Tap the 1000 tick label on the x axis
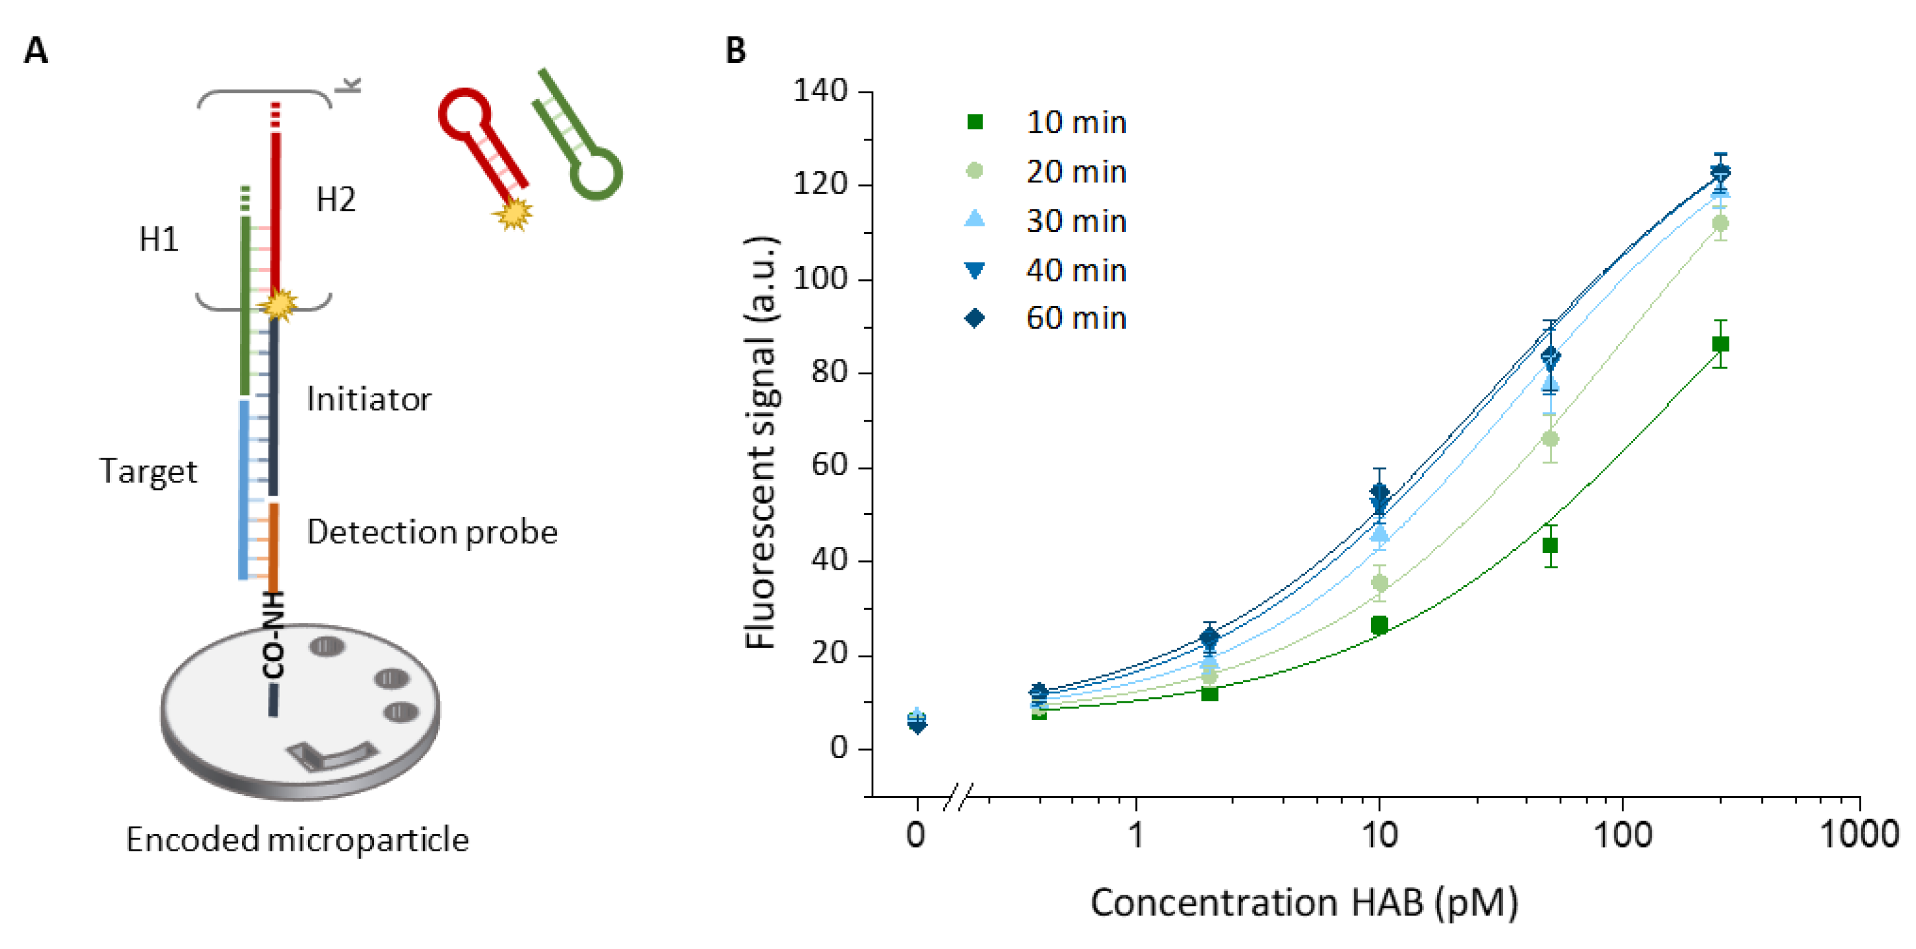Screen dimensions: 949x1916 [1858, 834]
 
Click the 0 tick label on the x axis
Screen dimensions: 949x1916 [916, 834]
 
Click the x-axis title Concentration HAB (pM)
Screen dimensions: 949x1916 [1303, 903]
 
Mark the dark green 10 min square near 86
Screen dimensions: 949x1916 [1719, 344]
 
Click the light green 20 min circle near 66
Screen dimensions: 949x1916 [1550, 439]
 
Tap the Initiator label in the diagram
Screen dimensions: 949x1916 [369, 399]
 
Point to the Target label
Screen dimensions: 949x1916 [148, 471]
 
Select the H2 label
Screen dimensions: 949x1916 [335, 200]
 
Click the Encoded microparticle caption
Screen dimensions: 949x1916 [297, 840]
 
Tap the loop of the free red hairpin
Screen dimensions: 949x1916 [465, 114]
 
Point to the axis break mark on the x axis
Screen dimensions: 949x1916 [957, 797]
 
